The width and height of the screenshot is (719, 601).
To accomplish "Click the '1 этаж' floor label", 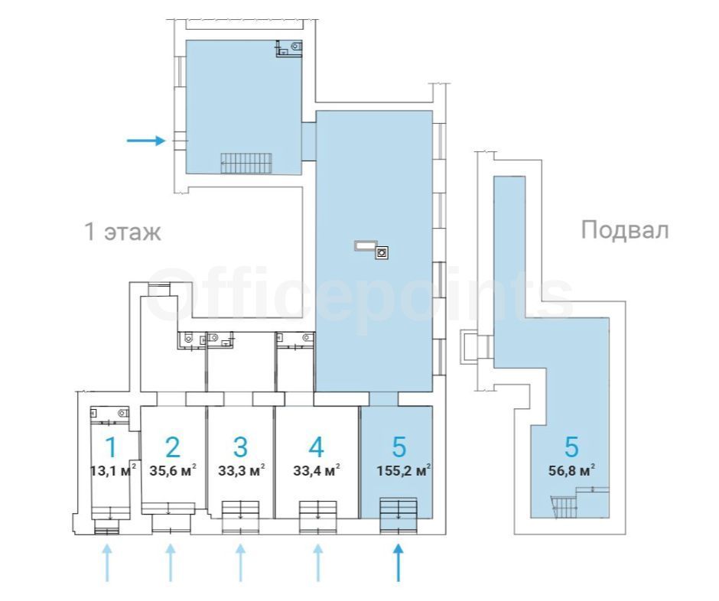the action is point(123,232).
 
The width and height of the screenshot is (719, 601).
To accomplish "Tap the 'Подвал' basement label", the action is point(625,229).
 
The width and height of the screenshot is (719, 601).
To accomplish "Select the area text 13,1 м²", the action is point(113,470).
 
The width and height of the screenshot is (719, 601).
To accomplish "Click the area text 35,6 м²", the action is point(173,470).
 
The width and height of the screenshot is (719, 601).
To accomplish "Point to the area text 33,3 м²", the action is point(241,470).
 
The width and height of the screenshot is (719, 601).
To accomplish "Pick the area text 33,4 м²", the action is point(317,470).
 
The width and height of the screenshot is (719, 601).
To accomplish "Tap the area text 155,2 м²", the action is point(404,470).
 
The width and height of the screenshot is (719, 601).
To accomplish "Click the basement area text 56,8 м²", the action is point(571,470).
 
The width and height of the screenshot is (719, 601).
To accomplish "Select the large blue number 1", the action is point(111,447).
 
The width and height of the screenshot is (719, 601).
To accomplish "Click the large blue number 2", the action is point(173,447).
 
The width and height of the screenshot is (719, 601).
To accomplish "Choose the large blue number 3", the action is point(241,447).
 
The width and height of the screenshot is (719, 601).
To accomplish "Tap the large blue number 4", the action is point(317,447).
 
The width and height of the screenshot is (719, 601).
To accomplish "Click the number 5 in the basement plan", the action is point(571,447).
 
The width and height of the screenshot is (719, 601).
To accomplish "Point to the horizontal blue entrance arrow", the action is point(146,140).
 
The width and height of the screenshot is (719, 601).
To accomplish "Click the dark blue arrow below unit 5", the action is point(398,563).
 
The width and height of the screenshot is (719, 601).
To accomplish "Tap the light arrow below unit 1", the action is point(107,563).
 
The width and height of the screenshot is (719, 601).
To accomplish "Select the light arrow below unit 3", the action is point(241,563).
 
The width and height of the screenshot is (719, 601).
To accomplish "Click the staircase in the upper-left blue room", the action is point(246,163).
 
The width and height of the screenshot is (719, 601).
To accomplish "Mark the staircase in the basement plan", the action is point(564,506).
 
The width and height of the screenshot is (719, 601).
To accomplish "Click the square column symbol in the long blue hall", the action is point(382,252).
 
